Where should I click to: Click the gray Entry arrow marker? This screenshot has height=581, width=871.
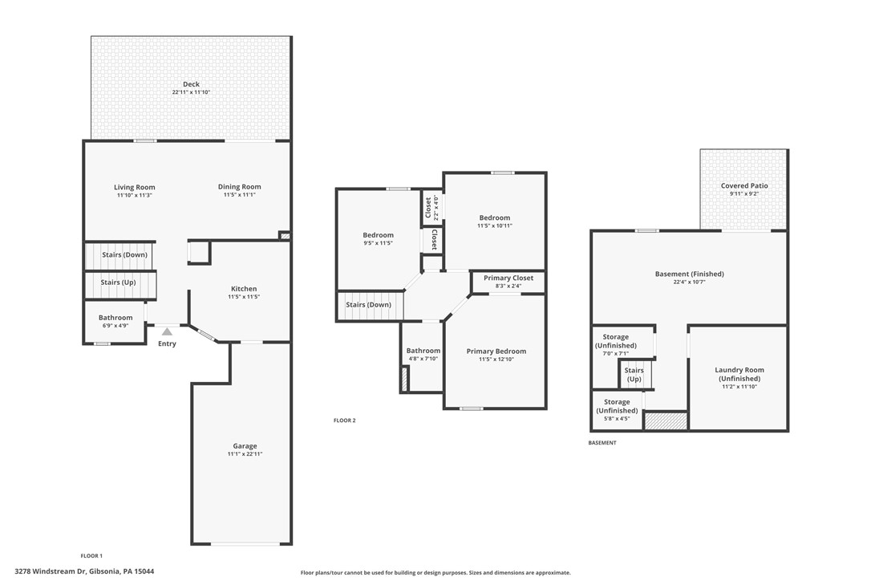tap(167, 331)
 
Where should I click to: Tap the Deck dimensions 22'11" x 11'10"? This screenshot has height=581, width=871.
tap(191, 93)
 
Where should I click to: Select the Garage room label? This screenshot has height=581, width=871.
tap(245, 446)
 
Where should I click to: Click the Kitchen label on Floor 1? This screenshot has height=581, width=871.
tap(244, 289)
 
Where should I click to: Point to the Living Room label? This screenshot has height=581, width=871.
tap(134, 187)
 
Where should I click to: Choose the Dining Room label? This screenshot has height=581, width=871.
tap(239, 187)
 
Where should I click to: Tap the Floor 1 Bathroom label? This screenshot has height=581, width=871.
tap(115, 318)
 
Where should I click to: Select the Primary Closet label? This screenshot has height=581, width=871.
tap(508, 278)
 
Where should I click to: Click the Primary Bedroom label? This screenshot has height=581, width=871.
tap(496, 351)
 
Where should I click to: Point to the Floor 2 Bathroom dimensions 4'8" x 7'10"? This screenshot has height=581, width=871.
tap(423, 359)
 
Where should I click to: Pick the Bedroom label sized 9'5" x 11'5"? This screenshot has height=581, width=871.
tap(378, 235)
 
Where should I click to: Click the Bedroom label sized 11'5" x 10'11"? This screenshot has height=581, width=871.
tap(494, 217)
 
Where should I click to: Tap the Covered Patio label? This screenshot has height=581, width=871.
tap(743, 186)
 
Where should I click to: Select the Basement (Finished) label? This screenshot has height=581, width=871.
tap(689, 274)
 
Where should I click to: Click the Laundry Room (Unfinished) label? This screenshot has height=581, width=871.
tap(739, 374)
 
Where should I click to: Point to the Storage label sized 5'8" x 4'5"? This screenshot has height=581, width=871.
tap(616, 406)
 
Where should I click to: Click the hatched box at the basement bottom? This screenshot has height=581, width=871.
tap(666, 421)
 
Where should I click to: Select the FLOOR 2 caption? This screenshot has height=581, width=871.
tap(344, 421)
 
